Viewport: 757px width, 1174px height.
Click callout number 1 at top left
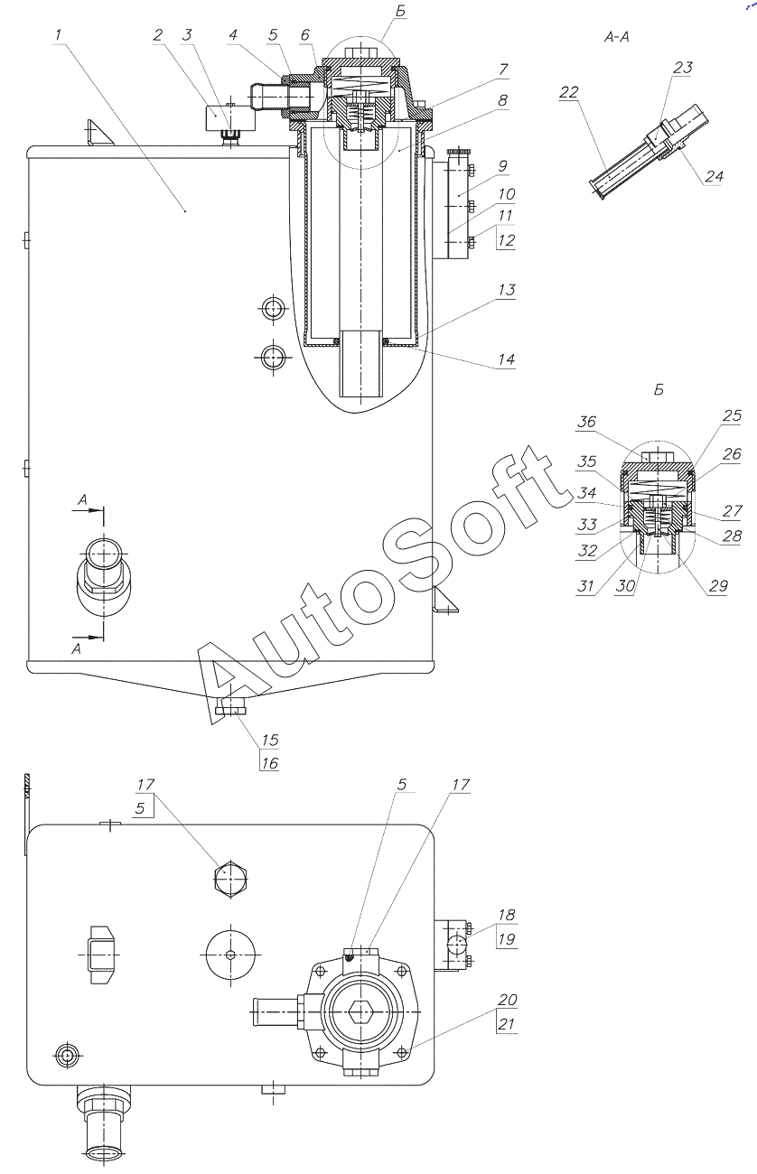coord(58,35)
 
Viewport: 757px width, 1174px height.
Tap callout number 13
coord(507,290)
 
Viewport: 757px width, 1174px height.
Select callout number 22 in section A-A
coord(569,92)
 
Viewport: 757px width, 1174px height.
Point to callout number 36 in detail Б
coord(586,422)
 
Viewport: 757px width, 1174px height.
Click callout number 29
coord(718,586)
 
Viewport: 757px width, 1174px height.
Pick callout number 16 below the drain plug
coord(269,763)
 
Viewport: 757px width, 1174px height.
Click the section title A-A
coord(616,37)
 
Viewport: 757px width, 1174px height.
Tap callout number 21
coord(507,1024)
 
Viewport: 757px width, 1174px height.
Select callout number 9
coord(503,166)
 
